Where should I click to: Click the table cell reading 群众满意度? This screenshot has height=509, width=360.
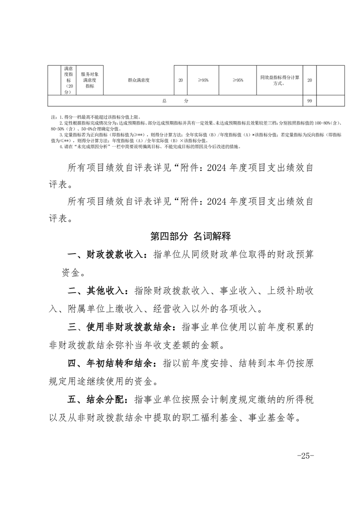click(138, 80)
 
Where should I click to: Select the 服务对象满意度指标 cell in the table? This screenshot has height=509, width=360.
click(89, 80)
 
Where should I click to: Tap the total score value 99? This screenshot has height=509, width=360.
click(309, 101)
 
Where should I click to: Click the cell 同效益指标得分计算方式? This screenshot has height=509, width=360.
click(279, 80)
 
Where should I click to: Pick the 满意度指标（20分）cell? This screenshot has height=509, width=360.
click(68, 80)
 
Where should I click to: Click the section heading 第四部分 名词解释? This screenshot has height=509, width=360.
click(191, 236)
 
